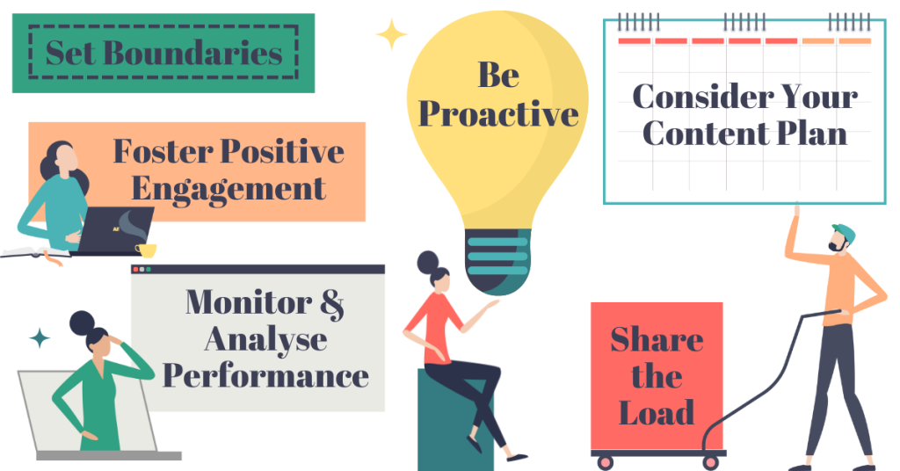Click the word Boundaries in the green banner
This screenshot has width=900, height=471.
(192, 53)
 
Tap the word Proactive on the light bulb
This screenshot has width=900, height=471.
(498, 113)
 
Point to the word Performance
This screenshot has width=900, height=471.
(265, 377)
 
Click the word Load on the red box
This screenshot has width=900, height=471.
(657, 412)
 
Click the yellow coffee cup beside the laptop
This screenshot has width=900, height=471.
(146, 250)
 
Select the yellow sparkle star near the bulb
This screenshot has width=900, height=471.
(392, 34)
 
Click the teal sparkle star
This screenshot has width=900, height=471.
(40, 338)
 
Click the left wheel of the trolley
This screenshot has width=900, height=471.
(605, 462)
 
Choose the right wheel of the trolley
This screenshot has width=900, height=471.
(710, 462)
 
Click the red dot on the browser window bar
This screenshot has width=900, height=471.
(135, 269)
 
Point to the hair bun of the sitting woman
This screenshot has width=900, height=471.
(428, 263)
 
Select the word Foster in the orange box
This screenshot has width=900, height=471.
(163, 151)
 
